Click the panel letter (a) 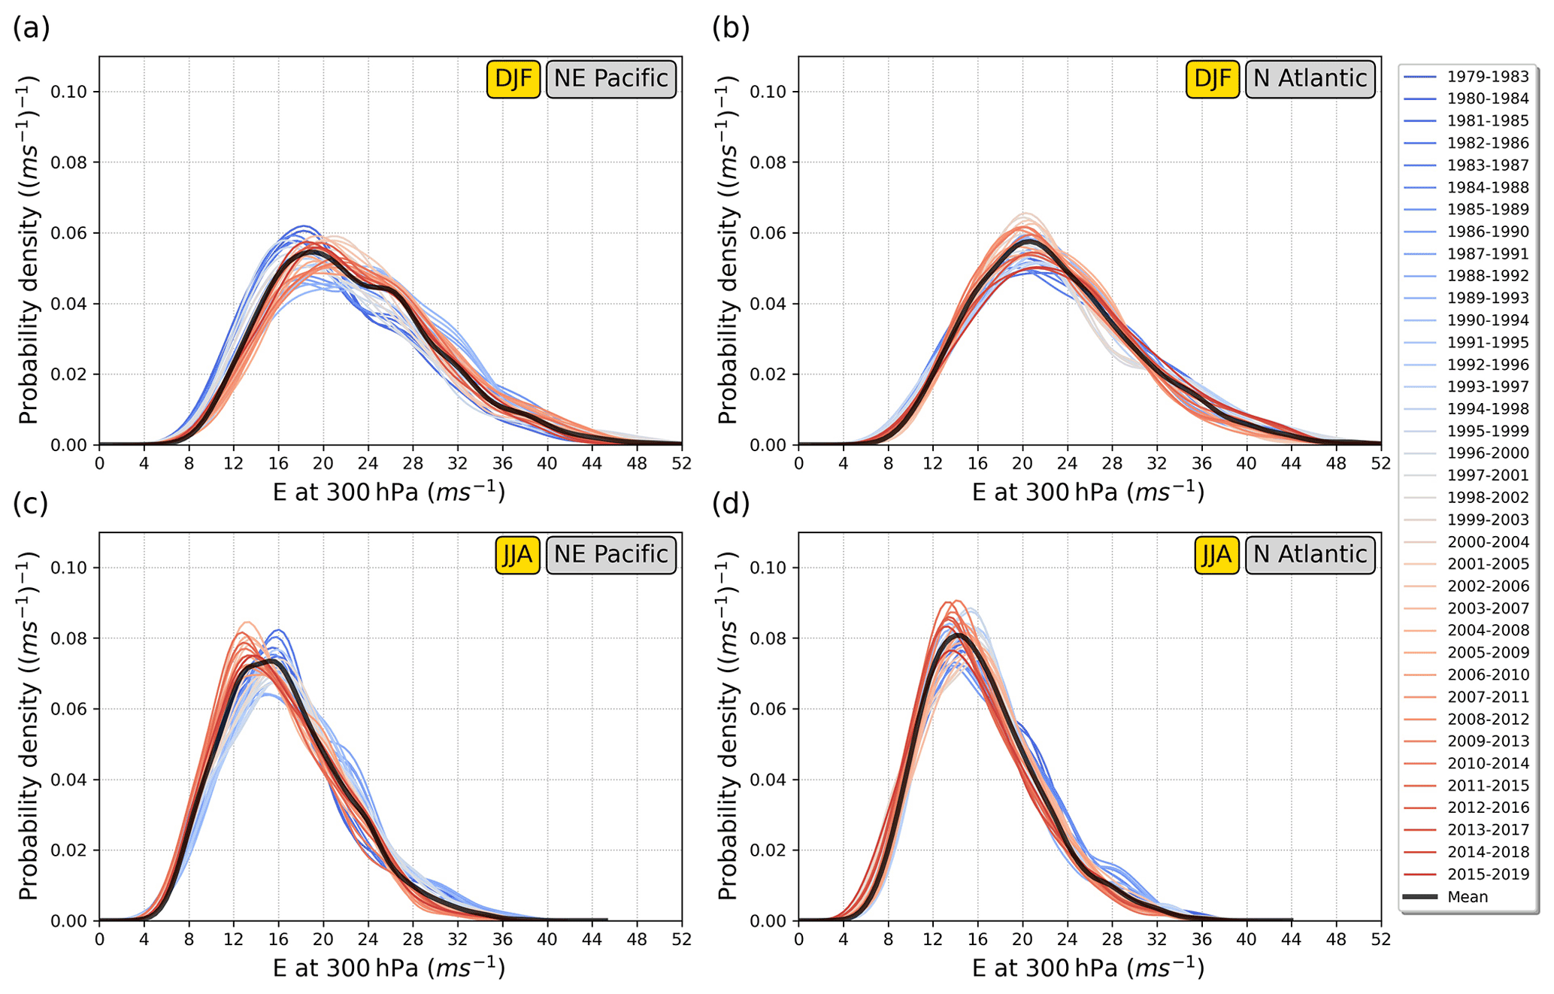(x=31, y=29)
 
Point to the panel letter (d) (x=731, y=504)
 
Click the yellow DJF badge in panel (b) (x=1212, y=78)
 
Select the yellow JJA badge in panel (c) (x=517, y=555)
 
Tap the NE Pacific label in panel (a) (x=610, y=78)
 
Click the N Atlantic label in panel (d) (x=1310, y=555)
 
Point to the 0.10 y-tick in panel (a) (x=69, y=92)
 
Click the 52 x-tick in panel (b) (x=1381, y=463)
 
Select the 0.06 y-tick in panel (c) (x=69, y=709)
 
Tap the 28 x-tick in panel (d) (x=1112, y=939)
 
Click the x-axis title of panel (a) (x=389, y=492)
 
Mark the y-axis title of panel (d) (x=727, y=727)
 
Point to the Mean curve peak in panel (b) (x=1028, y=241)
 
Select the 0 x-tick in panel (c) (x=99, y=939)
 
